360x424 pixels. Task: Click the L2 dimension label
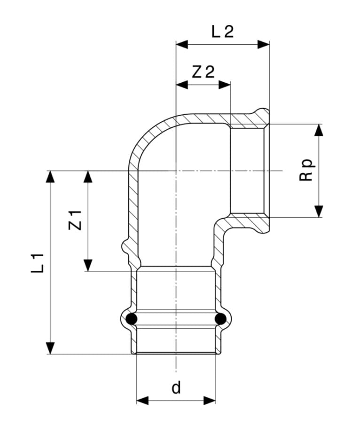[222, 31]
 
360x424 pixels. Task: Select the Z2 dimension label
[203, 72]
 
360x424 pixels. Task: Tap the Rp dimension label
[306, 170]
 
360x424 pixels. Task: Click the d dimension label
[176, 388]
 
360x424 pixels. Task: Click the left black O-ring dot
[133, 320]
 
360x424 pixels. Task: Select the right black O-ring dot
[219, 320]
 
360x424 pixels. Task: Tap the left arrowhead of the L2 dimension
[181, 45]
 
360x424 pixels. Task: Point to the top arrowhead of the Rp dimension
[319, 130]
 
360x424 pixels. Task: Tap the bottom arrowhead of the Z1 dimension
[88, 266]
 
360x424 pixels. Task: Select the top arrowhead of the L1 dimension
[50, 176]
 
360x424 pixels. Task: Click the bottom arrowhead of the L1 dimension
[50, 348]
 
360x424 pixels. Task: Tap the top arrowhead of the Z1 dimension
[88, 176]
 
